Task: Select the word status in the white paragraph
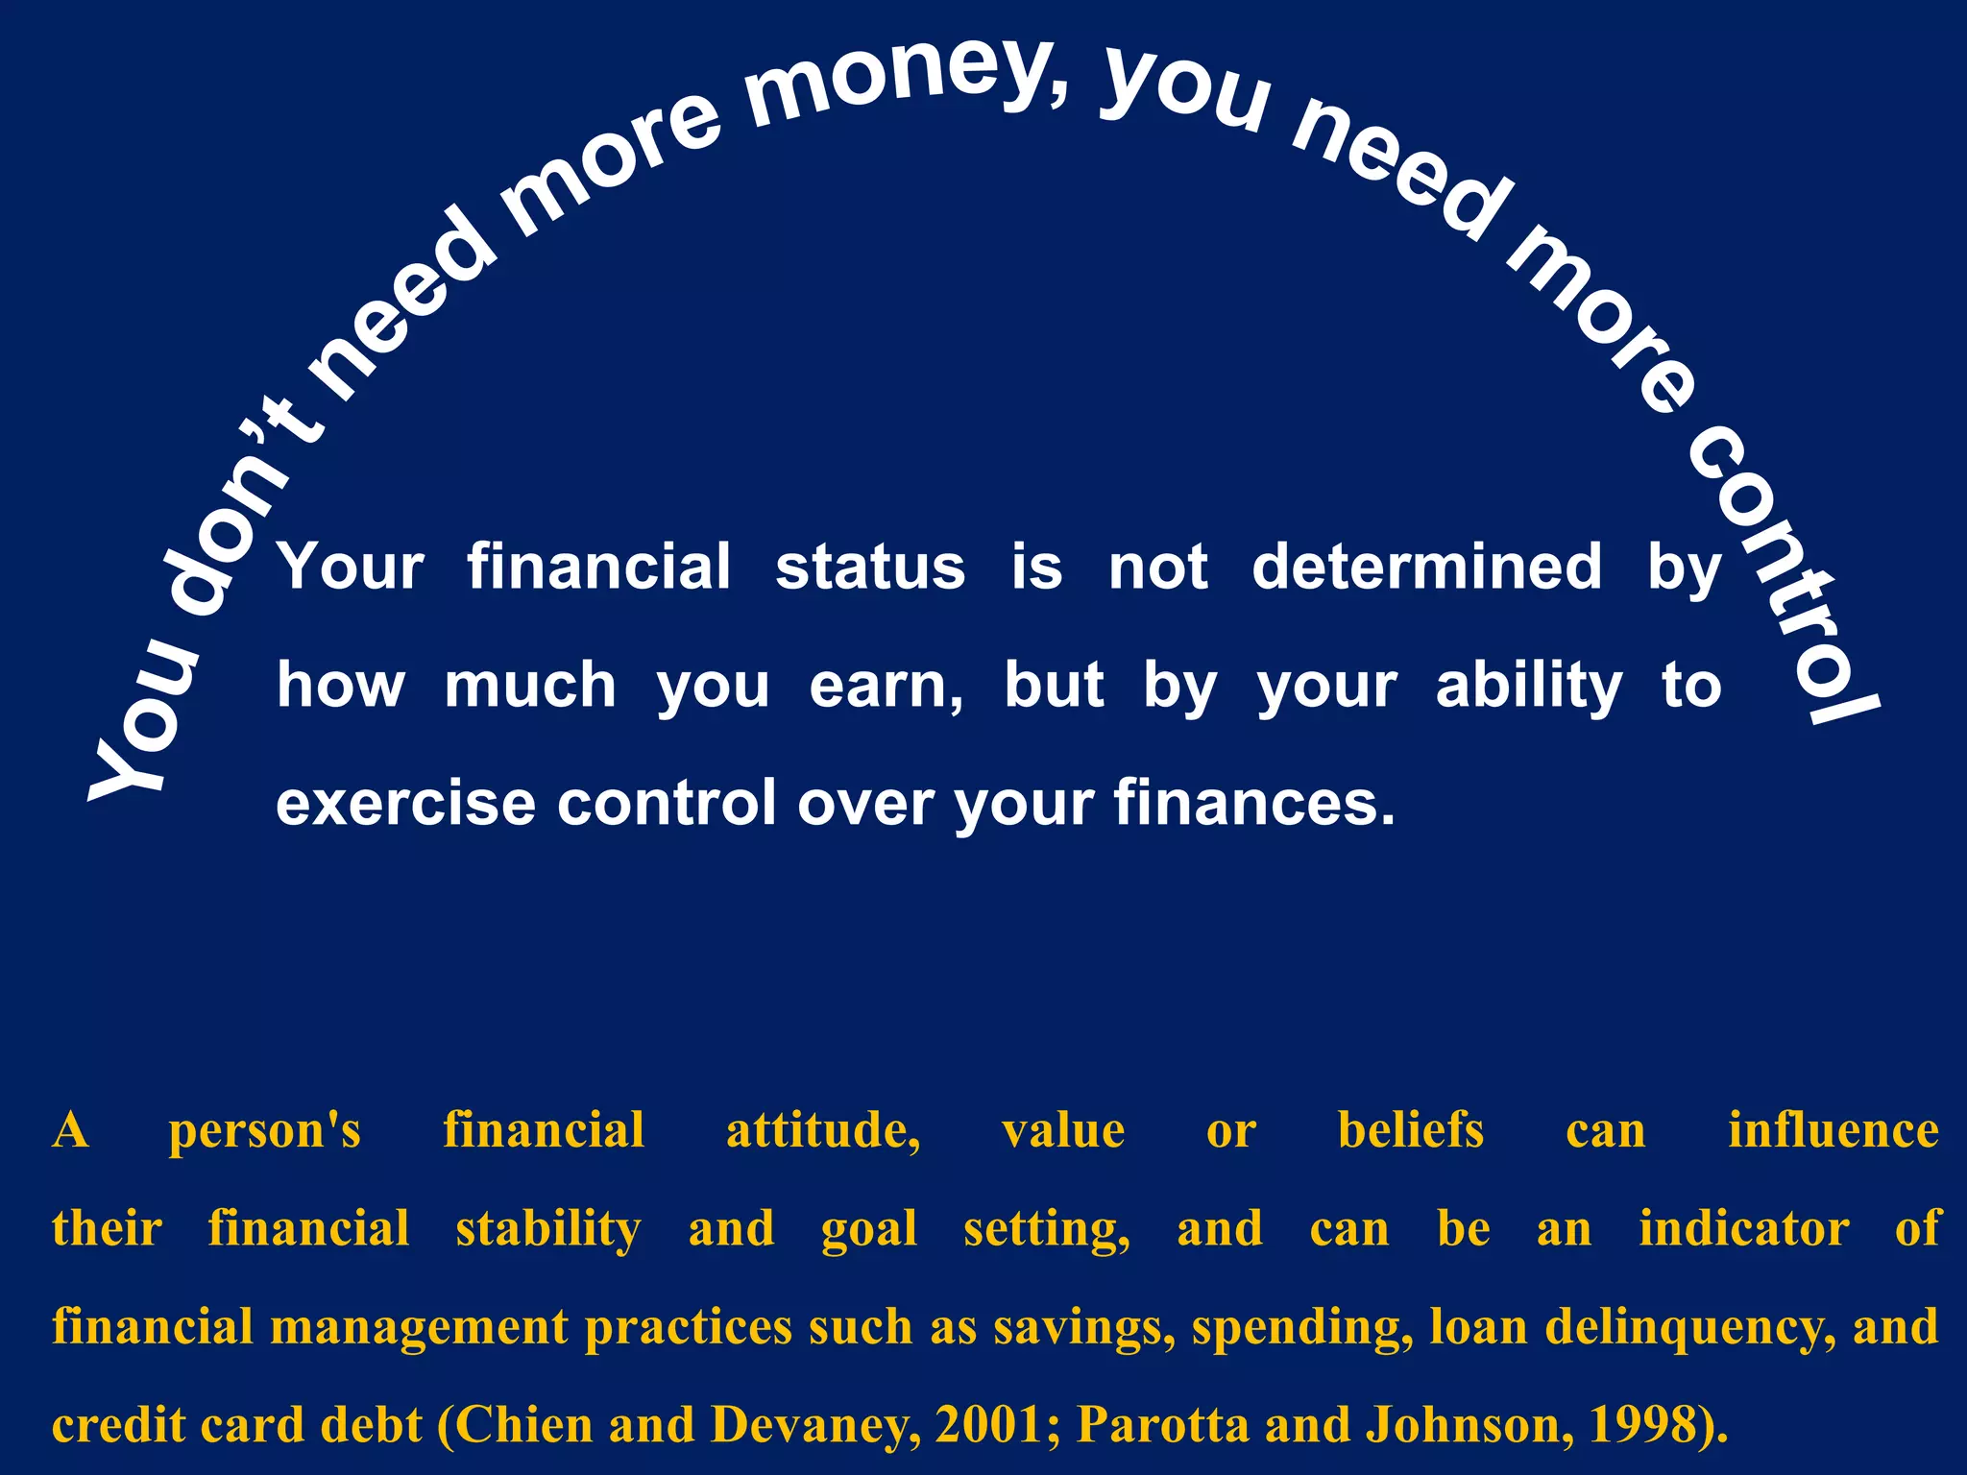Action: (870, 567)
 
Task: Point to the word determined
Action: (1427, 567)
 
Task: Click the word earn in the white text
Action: (886, 686)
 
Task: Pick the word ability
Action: (1529, 686)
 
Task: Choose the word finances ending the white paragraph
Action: (1253, 803)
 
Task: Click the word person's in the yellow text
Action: (265, 1130)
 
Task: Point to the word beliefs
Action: (1410, 1130)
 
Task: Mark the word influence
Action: (1833, 1130)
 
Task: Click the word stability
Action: (548, 1229)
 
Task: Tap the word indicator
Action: (1743, 1229)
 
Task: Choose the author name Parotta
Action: (1163, 1425)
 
